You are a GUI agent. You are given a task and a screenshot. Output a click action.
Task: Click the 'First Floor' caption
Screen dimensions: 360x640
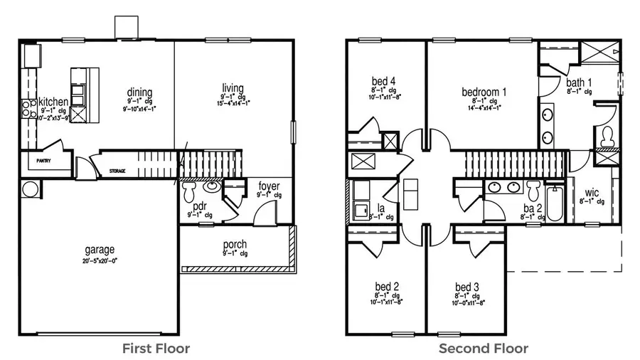(x=156, y=348)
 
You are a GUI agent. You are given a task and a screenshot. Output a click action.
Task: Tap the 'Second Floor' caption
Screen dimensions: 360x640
(x=483, y=348)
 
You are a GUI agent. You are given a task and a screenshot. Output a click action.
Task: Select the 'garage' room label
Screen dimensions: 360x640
(x=99, y=250)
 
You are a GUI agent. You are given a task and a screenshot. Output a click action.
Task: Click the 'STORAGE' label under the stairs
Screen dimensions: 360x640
(x=118, y=171)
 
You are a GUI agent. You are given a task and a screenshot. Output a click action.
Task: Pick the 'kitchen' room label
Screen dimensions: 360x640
(x=53, y=102)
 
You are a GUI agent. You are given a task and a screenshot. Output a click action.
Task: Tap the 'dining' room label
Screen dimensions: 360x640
(x=139, y=92)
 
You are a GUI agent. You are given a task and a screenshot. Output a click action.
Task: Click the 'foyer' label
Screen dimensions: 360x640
(x=269, y=186)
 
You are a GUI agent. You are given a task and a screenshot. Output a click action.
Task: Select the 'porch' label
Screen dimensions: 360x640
(x=234, y=245)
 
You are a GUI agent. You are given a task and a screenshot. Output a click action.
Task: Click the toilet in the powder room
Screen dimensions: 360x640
(x=190, y=193)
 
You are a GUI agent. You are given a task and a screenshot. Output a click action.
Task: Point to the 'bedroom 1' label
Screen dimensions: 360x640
(x=484, y=92)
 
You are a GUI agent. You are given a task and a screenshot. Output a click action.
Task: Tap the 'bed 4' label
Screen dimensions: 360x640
(x=383, y=80)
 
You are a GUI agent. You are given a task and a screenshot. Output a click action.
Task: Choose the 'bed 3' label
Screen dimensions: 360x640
(x=467, y=287)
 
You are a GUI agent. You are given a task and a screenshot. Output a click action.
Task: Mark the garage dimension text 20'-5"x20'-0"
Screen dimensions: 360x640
(x=99, y=260)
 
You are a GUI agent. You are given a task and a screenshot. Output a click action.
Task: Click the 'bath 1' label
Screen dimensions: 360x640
(x=579, y=82)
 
